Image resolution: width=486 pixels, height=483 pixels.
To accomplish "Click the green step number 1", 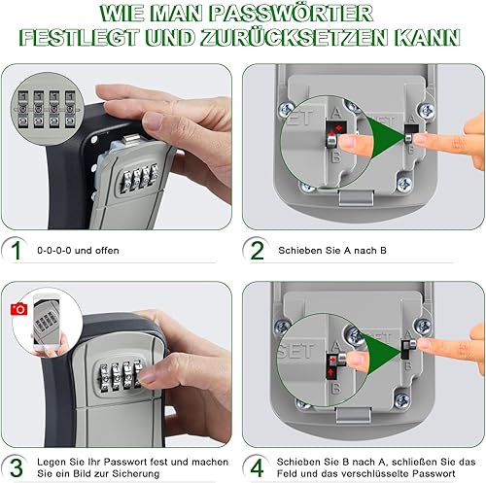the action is [16, 250].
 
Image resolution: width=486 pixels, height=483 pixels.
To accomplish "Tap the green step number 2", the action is [258, 250].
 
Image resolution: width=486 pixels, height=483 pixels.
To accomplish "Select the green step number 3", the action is [17, 468].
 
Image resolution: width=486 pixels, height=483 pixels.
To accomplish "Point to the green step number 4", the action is [257, 468].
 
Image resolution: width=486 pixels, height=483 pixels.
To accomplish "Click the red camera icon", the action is [18, 309].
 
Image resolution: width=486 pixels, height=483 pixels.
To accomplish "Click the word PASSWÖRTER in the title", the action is [291, 14].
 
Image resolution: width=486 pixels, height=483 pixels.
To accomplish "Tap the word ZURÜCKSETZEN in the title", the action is [294, 37].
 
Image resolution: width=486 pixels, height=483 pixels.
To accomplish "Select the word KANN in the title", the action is [427, 38].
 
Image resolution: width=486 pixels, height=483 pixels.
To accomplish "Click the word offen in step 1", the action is [107, 251].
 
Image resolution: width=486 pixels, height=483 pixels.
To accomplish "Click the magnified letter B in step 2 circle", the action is [335, 157].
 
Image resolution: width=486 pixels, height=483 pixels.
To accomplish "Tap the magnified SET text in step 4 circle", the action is [296, 351].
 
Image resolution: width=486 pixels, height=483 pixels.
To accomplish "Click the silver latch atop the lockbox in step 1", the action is [132, 140].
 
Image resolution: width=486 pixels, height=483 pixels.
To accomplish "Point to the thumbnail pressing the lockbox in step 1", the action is [153, 121].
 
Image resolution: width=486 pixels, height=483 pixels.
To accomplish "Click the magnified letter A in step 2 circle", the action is [336, 113].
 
